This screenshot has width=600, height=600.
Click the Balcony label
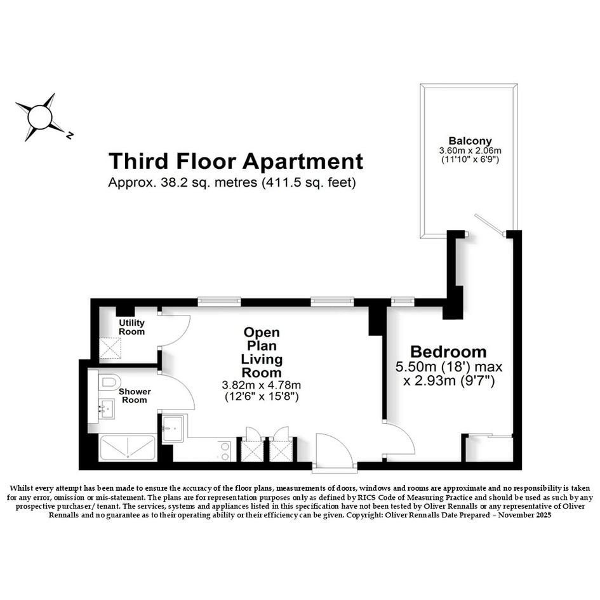[x=470, y=141]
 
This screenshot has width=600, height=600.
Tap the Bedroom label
[x=448, y=352]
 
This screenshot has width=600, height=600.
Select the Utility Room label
[x=131, y=327]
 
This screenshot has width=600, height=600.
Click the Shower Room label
[x=135, y=396]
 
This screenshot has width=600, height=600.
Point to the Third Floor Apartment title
[x=236, y=161]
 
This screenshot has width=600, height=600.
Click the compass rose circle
[x=40, y=117]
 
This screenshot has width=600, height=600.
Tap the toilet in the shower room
[x=109, y=382]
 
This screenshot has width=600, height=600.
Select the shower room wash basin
[x=107, y=409]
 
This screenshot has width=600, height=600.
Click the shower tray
[x=128, y=448]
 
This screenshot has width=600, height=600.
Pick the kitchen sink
[x=173, y=429]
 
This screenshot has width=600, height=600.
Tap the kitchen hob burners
[x=225, y=451]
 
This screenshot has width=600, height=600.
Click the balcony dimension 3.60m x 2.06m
[x=470, y=150]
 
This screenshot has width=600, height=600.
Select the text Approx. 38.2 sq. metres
[x=182, y=182]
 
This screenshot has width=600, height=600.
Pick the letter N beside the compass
[x=69, y=135]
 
